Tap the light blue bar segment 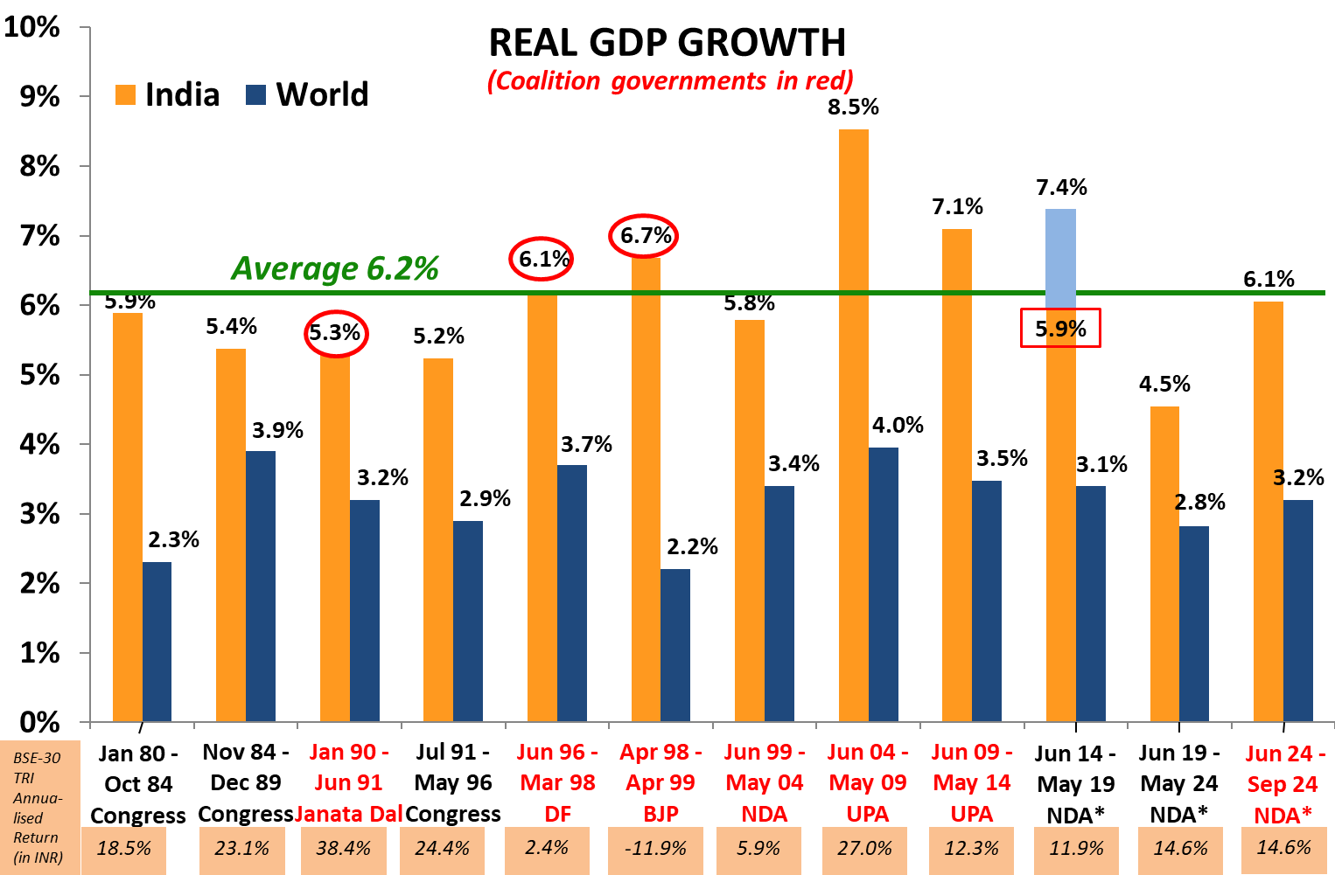point(1060,257)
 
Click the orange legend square point(125,94)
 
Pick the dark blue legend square point(255,94)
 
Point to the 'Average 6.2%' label point(335,268)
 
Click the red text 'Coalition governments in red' point(669,81)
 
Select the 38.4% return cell point(343,849)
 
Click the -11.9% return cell point(660,849)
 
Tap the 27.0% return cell point(864,849)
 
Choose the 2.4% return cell point(547,849)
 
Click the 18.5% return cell point(123,849)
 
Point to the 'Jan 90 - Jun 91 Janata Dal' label point(348,782)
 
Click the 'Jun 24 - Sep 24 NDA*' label point(1283,784)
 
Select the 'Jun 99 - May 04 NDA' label point(764,782)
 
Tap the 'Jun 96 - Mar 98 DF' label point(557,782)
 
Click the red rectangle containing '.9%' point(1060,328)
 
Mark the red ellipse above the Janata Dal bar point(336,333)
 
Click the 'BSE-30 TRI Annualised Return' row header point(39,807)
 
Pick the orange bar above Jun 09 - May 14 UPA point(956,472)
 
